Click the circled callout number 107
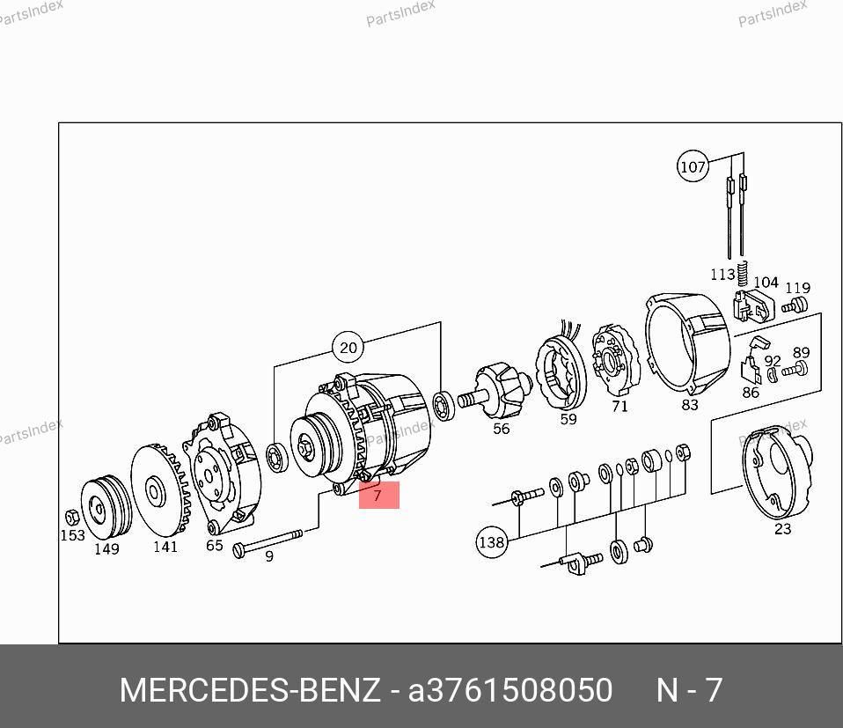pos(693,166)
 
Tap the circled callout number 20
pos(348,348)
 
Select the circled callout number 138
pos(491,542)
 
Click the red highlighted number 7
pos(378,495)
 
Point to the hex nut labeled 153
pos(71,518)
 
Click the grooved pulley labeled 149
pos(106,506)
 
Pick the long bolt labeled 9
pos(268,541)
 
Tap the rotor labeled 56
pos(495,392)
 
